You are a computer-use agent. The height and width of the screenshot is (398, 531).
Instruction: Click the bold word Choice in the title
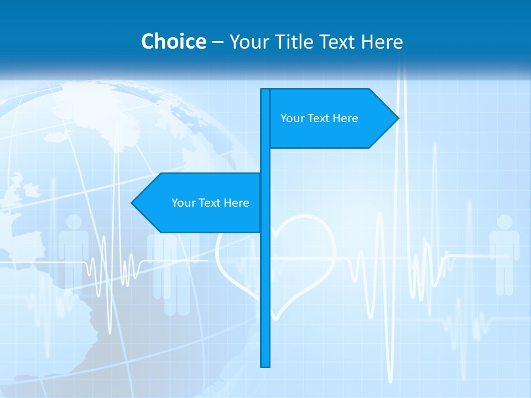coord(173,41)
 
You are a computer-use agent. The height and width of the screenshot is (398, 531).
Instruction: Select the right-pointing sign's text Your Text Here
coord(319,118)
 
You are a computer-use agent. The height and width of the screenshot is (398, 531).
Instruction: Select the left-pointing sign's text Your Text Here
coord(210,203)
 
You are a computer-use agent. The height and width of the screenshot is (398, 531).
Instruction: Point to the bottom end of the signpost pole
coord(265,365)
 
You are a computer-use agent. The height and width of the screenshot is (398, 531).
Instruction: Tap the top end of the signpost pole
coord(265,91)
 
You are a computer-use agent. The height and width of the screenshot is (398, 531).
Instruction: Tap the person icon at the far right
coord(504,254)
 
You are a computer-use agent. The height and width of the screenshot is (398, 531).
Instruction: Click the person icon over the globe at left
coord(74,249)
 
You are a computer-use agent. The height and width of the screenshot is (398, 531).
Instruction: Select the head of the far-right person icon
coord(504,222)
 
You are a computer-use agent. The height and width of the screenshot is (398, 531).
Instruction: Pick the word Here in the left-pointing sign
coord(236,203)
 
